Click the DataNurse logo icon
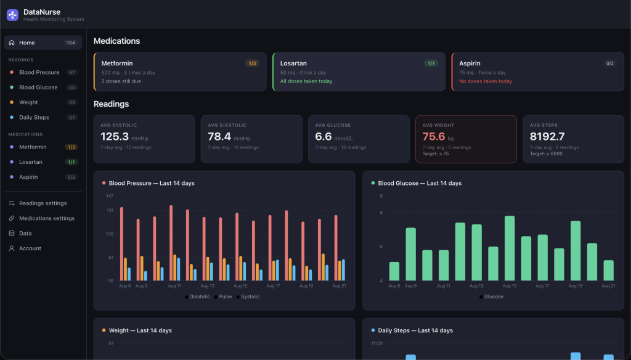pyautogui.click(x=12, y=15)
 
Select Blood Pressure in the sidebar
pyautogui.click(x=39, y=73)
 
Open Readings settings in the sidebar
pyautogui.click(x=43, y=203)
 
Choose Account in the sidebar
pyautogui.click(x=30, y=248)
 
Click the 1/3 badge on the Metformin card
pyautogui.click(x=252, y=63)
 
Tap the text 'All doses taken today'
pyautogui.click(x=306, y=81)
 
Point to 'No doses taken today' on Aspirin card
pyautogui.click(x=486, y=81)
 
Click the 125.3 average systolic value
pyautogui.click(x=115, y=136)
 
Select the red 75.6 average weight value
pyautogui.click(x=434, y=136)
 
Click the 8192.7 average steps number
pyautogui.click(x=547, y=136)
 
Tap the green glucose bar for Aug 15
pyautogui.click(x=510, y=248)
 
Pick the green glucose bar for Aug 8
pyautogui.click(x=394, y=271)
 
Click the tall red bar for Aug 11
pyautogui.click(x=171, y=243)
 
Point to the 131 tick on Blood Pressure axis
pyautogui.click(x=110, y=210)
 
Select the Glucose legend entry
pyautogui.click(x=491, y=297)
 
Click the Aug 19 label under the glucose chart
pyautogui.click(x=576, y=286)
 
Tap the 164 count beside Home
pyautogui.click(x=71, y=43)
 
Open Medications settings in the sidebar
pyautogui.click(x=47, y=218)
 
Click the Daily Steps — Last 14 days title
pyautogui.click(x=415, y=330)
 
